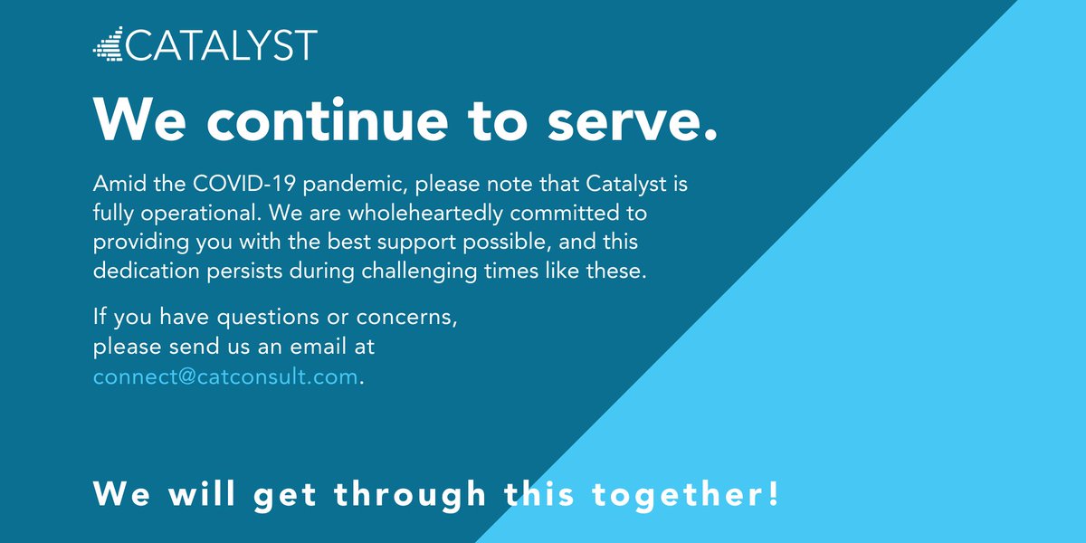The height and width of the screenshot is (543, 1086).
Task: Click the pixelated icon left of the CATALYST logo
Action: click(x=108, y=44)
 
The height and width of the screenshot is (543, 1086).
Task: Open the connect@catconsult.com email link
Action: click(x=225, y=376)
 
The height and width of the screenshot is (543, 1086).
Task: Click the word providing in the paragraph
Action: click(x=136, y=243)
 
